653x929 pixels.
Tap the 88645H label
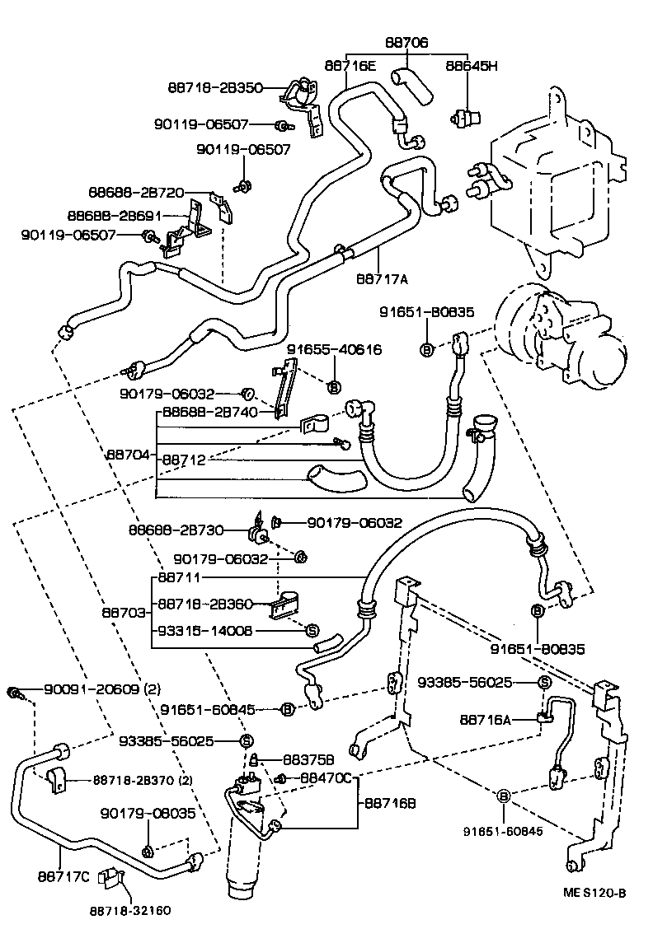pos(472,65)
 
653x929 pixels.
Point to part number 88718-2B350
pos(215,88)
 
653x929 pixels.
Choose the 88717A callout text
pos(383,279)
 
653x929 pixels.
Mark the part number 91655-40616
pos(334,350)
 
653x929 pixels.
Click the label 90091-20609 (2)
pos(102,690)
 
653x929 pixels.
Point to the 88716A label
pos(485,720)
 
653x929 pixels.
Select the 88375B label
pos(308,759)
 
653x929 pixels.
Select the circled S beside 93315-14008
pos(312,631)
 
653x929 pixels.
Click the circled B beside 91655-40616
pos(335,386)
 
